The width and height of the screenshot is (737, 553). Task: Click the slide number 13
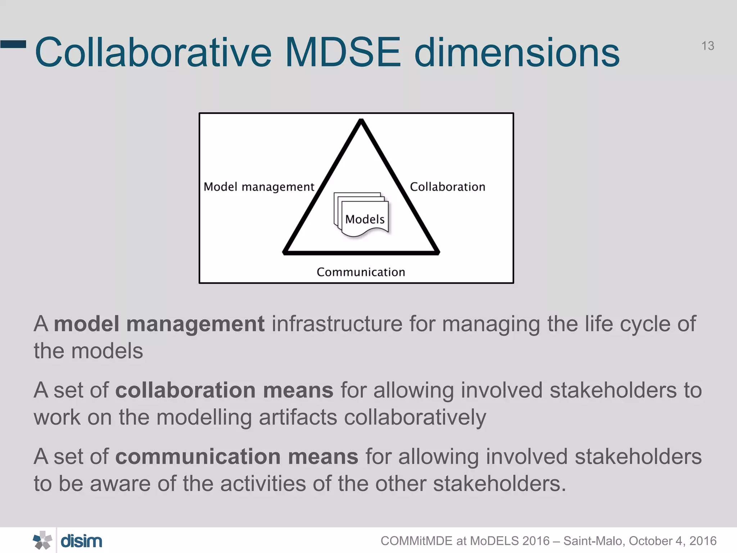click(x=707, y=46)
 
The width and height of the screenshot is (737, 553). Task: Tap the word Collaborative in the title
click(x=153, y=53)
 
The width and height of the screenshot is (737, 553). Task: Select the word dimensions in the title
click(x=517, y=53)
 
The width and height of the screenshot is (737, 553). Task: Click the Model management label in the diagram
click(x=259, y=187)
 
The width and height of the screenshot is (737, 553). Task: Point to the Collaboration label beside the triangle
click(x=447, y=187)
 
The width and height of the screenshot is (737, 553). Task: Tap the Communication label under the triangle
click(x=361, y=272)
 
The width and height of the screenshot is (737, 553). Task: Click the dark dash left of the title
click(x=13, y=44)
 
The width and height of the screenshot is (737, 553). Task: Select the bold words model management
click(x=159, y=324)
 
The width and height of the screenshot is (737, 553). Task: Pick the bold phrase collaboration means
click(x=224, y=390)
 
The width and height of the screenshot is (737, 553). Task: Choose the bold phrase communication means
click(x=236, y=457)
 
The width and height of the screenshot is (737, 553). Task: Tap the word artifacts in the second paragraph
click(x=298, y=417)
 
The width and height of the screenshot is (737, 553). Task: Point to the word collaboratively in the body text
click(x=415, y=417)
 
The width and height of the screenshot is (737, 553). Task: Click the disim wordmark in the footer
click(x=81, y=541)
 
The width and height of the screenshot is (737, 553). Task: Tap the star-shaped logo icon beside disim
click(x=42, y=540)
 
